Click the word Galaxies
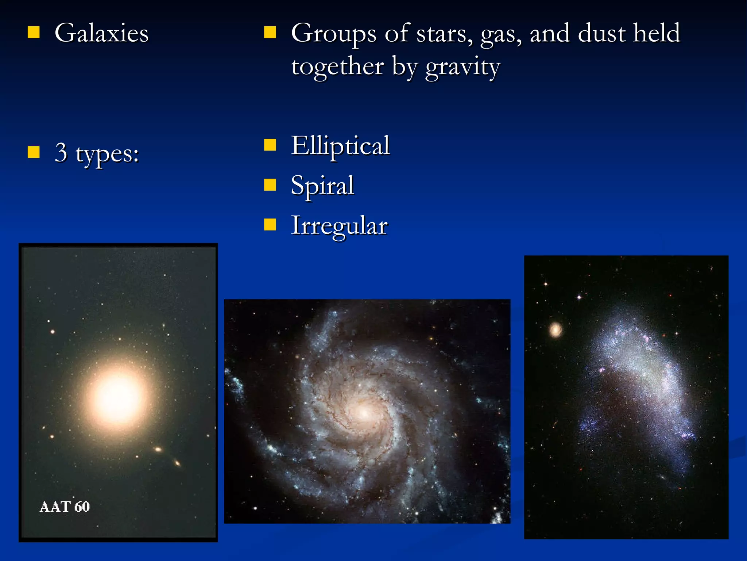(101, 33)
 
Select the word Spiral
(322, 186)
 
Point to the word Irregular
(339, 226)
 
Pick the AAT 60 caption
(65, 507)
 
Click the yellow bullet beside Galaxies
(34, 33)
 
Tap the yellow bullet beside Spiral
(270, 185)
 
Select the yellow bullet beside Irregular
(270, 225)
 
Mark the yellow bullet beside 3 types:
(34, 152)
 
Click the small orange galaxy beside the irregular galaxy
(556, 330)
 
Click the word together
(337, 66)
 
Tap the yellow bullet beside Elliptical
(270, 145)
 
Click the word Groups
(333, 34)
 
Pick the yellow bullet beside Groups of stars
(270, 33)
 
